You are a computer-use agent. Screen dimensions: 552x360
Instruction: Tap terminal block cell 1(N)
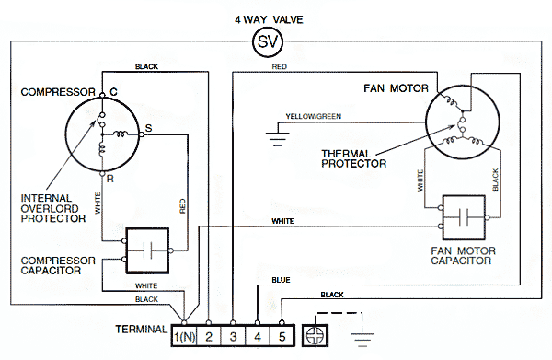[x=184, y=336]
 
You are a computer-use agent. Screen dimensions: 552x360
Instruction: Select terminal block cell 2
[x=209, y=336]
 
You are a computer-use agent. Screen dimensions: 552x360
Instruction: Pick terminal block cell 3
[x=233, y=336]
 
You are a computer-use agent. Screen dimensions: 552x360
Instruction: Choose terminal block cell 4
[x=258, y=336]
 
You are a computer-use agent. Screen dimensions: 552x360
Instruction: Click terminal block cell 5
[x=282, y=336]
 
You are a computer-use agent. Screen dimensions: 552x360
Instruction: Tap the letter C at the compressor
[x=113, y=92]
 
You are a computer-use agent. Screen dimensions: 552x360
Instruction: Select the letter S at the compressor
[x=148, y=128]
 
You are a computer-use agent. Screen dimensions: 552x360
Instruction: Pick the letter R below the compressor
[x=110, y=179]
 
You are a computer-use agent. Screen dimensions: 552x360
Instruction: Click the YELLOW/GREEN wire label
[x=314, y=116]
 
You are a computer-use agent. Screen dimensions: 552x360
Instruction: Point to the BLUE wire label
[x=281, y=280]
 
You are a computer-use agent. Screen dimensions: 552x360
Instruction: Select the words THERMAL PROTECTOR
[x=354, y=158]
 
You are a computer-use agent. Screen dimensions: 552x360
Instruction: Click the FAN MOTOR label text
[x=396, y=88]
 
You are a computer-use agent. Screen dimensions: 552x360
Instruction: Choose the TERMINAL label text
[x=142, y=330]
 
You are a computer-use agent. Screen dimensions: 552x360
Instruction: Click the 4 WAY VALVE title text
[x=269, y=19]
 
